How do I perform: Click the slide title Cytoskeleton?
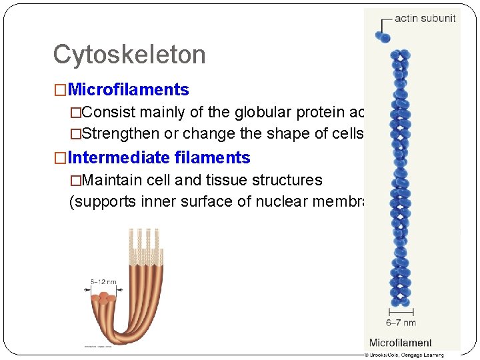coord(129,55)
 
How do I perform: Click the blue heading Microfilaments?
coord(128,89)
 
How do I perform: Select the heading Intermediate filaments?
coord(159,158)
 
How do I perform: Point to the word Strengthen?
coord(121,133)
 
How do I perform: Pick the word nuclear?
coord(275,201)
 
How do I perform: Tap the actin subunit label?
coord(425,19)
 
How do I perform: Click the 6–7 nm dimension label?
coord(401,323)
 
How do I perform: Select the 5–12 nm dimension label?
coord(103,282)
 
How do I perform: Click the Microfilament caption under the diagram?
coord(400,343)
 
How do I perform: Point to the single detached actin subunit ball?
coord(384,38)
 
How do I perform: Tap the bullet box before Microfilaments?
coord(61,90)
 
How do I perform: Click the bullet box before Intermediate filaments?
coord(61,159)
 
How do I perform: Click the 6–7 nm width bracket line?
coord(401,311)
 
